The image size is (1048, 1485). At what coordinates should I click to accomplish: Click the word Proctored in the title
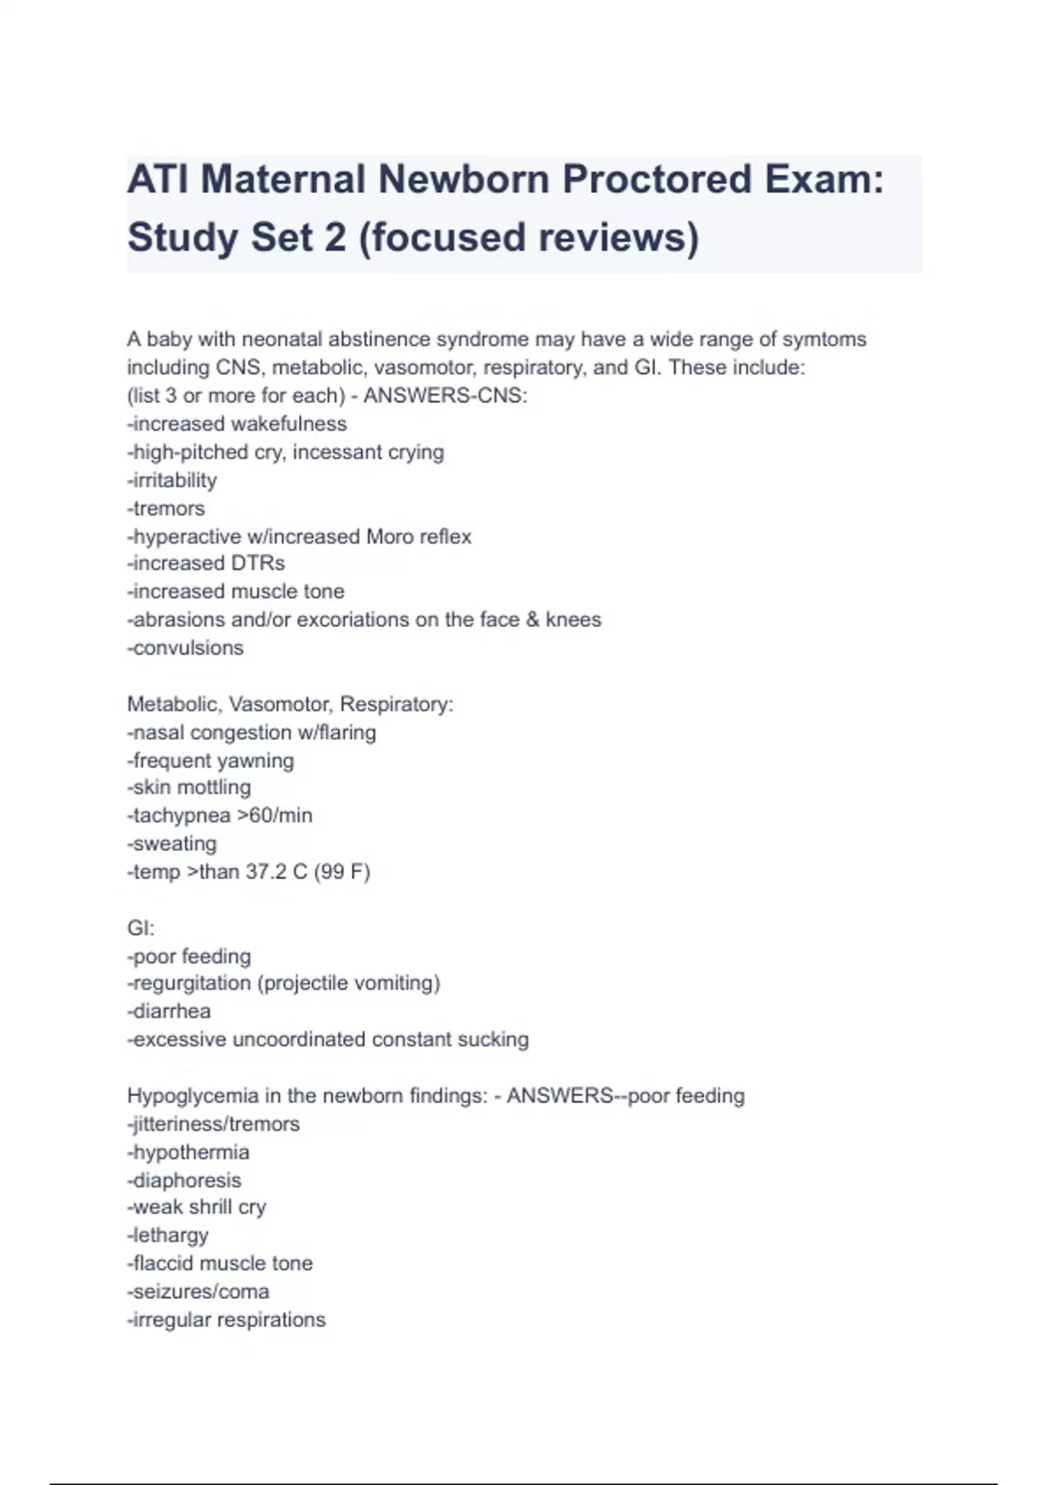click(x=657, y=180)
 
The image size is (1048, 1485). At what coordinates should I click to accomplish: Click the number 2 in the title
click(x=334, y=238)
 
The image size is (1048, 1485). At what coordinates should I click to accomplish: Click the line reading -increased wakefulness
click(x=237, y=424)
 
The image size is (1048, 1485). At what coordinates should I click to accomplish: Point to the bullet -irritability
click(x=172, y=480)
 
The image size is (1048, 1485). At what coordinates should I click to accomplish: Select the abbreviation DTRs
click(x=258, y=563)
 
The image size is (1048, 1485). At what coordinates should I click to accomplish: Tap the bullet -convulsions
click(x=185, y=648)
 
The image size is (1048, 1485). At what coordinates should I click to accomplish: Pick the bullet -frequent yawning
click(x=210, y=761)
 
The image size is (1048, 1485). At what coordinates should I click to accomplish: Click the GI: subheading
click(x=141, y=929)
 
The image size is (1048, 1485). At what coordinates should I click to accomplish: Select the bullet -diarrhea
click(x=169, y=1012)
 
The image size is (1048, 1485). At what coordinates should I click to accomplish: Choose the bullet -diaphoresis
click(x=184, y=1181)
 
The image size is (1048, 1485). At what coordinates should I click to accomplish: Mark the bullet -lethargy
click(x=168, y=1236)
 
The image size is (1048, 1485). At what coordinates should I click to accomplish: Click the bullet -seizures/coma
click(x=198, y=1292)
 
